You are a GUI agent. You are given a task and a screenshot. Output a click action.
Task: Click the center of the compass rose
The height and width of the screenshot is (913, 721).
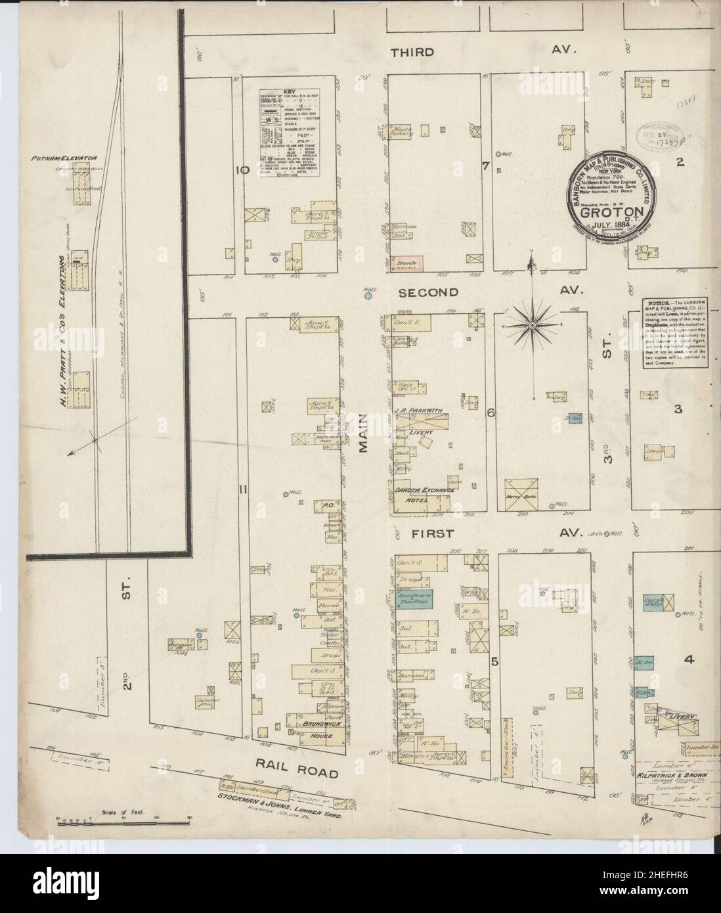pyautogui.click(x=533, y=324)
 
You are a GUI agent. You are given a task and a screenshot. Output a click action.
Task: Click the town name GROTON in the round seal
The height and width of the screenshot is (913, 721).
pyautogui.click(x=607, y=213)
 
